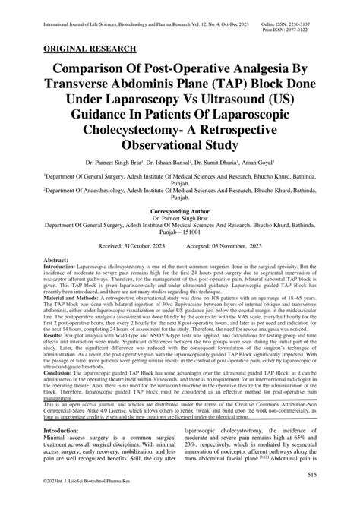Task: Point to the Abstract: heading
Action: (x=60, y=282)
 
